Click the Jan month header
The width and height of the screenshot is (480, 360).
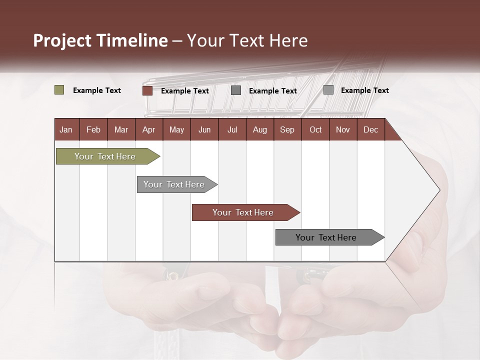pyautogui.click(x=66, y=129)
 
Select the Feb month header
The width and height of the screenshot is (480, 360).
pyautogui.click(x=93, y=129)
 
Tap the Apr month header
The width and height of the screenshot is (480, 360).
pyautogui.click(x=148, y=129)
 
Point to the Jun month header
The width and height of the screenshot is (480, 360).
pyautogui.click(x=204, y=129)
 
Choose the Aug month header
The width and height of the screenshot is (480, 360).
pyautogui.click(x=259, y=129)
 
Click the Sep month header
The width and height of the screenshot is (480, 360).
pyautogui.click(x=287, y=129)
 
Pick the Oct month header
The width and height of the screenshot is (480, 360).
pyautogui.click(x=315, y=129)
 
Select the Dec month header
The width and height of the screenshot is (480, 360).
pyautogui.click(x=370, y=129)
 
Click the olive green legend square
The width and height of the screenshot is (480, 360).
pyautogui.click(x=59, y=90)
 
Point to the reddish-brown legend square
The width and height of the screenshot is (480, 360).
pyautogui.click(x=147, y=90)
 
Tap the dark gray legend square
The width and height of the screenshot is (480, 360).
pyautogui.click(x=236, y=90)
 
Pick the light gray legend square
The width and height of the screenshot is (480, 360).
pyautogui.click(x=328, y=90)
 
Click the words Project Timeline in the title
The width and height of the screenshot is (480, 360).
pyautogui.click(x=100, y=40)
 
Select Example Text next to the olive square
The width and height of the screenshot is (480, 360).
pyautogui.click(x=97, y=90)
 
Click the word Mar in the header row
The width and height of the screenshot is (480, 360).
pyautogui.click(x=121, y=129)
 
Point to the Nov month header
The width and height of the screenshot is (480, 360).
pyautogui.click(x=343, y=129)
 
